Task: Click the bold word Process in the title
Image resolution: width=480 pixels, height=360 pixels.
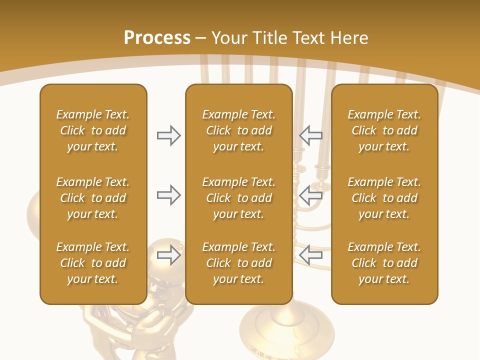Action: [157, 38]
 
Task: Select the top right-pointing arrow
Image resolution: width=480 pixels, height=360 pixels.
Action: [168, 135]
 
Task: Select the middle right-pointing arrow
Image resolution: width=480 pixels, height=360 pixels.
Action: [168, 195]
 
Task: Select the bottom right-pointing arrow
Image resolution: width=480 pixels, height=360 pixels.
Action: [168, 255]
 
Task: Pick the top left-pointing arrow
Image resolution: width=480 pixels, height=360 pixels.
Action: [311, 135]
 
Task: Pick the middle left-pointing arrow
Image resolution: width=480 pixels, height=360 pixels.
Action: [311, 195]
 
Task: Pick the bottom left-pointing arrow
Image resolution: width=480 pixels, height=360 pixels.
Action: [311, 255]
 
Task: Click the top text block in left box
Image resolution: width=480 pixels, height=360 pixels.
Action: [93, 130]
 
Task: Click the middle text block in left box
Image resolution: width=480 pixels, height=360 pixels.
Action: [93, 198]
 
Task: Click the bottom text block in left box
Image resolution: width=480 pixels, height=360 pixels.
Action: [93, 263]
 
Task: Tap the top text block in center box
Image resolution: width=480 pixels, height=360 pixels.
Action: [238, 130]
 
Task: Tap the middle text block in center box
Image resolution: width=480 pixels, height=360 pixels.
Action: [238, 198]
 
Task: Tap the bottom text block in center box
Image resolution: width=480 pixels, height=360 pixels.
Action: [238, 263]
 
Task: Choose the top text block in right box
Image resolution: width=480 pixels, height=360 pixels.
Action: [384, 130]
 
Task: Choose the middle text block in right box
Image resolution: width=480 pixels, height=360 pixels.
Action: [384, 198]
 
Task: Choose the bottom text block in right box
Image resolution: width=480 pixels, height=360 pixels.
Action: [384, 263]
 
